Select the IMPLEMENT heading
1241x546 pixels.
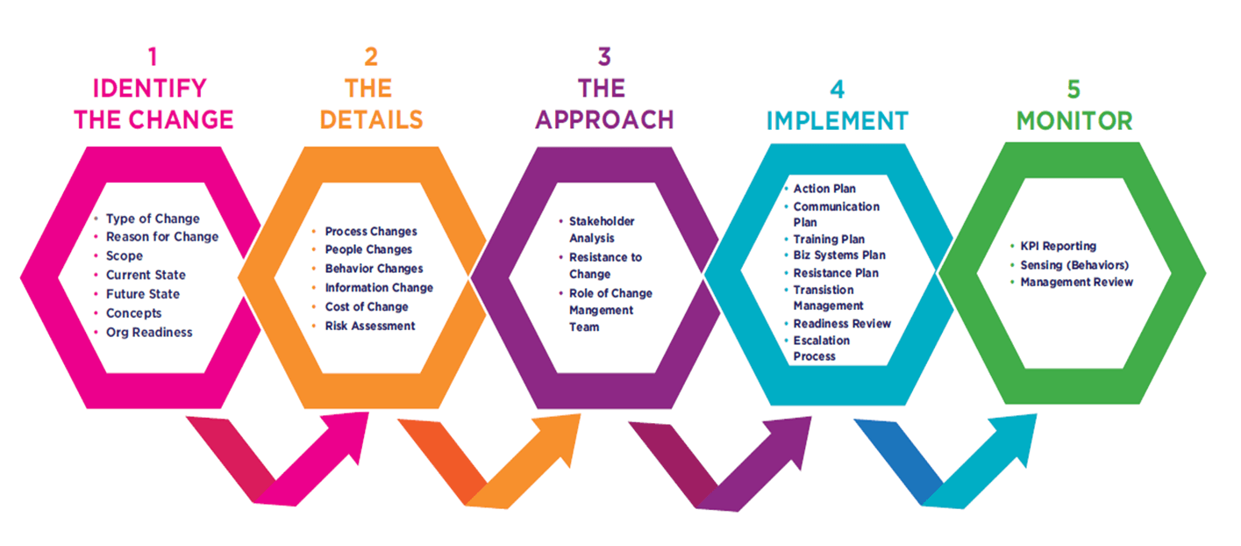pyautogui.click(x=838, y=120)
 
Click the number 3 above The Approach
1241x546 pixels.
pyautogui.click(x=604, y=58)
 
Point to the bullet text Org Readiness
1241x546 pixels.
pyautogui.click(x=148, y=332)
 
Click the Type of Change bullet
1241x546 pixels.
pyautogui.click(x=153, y=219)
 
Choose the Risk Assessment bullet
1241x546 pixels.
pyautogui.click(x=370, y=326)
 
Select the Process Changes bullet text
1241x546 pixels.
pyautogui.click(x=371, y=231)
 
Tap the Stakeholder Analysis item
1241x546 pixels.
pyautogui.click(x=602, y=229)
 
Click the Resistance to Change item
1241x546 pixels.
pyautogui.click(x=605, y=265)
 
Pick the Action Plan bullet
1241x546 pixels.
pyautogui.click(x=824, y=189)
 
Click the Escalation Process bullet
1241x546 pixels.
pyautogui.click(x=821, y=348)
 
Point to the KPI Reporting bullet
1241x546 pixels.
pyautogui.click(x=1058, y=246)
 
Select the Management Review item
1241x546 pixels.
pyautogui.click(x=1076, y=282)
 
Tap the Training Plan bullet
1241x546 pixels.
pyautogui.click(x=829, y=239)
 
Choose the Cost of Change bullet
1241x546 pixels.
pyautogui.click(x=367, y=306)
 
